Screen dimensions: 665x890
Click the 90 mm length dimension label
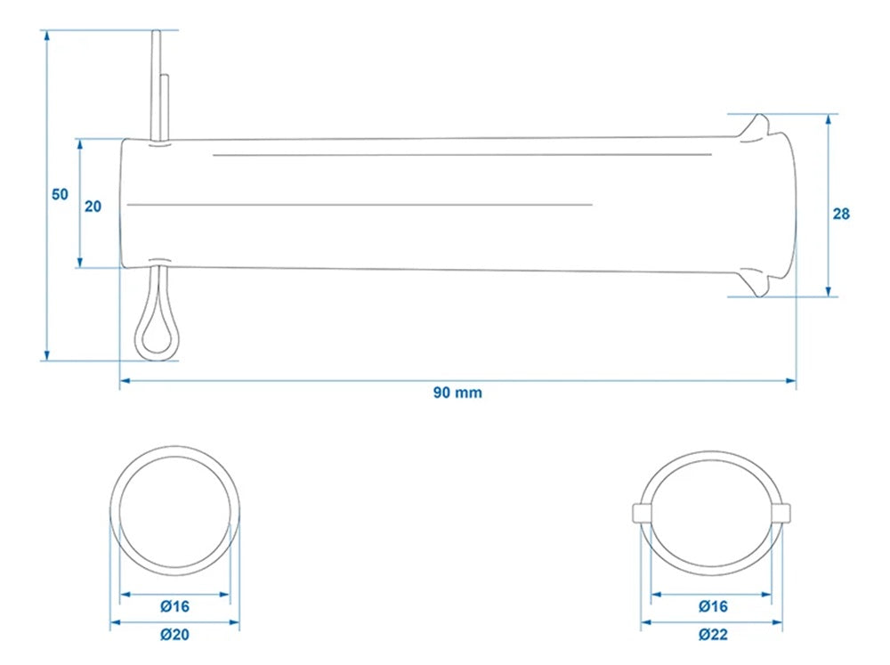[x=457, y=393]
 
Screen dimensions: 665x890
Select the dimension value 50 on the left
[x=60, y=195]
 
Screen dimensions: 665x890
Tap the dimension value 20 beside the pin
[x=93, y=206]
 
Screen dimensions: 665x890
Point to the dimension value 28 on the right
[x=841, y=214]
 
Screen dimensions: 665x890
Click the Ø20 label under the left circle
[x=174, y=635]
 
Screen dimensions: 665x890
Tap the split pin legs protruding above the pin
[x=159, y=85]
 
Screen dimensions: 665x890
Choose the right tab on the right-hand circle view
[x=783, y=512]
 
